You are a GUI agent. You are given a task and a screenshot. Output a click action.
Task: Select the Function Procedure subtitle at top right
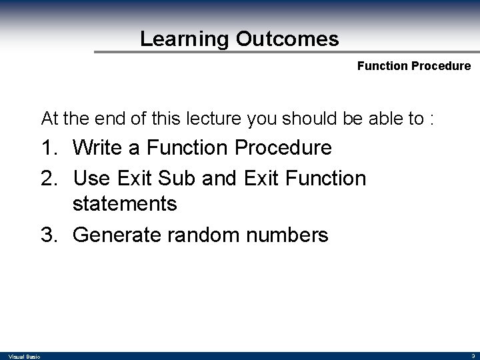413,67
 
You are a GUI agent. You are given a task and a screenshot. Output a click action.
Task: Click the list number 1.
50,147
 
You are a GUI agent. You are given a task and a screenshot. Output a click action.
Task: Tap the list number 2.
50,179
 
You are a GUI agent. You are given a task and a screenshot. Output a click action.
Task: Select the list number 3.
50,235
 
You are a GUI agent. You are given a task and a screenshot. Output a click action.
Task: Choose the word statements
125,203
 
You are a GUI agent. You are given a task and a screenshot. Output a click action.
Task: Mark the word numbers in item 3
290,235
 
